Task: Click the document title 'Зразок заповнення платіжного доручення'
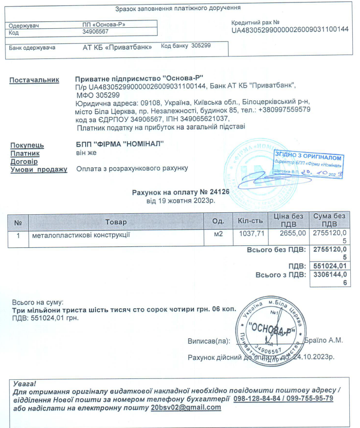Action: tap(178, 8)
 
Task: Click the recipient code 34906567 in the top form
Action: tap(95, 32)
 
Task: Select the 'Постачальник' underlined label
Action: tap(35, 79)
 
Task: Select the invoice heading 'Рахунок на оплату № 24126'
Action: tap(180, 192)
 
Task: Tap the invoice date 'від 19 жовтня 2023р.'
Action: tap(180, 200)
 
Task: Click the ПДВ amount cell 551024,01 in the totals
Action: tap(330, 266)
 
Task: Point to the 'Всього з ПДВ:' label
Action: tap(281, 275)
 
